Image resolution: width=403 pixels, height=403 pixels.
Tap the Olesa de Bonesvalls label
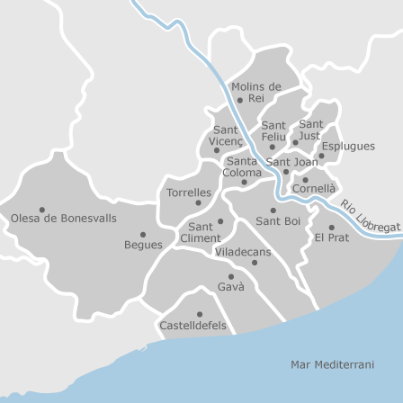[x=64, y=218]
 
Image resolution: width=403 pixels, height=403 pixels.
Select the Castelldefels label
[x=193, y=324]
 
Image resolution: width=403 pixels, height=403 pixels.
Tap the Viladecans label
[x=243, y=253]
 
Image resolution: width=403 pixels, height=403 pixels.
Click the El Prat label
[x=331, y=237]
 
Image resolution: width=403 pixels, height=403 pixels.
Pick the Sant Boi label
[x=278, y=220]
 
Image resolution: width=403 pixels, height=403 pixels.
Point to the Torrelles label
[x=189, y=193]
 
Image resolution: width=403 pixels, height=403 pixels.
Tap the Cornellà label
[x=313, y=189]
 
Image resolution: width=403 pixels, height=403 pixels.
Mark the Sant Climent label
[x=200, y=232]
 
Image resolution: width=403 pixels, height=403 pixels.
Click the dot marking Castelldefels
[x=199, y=313]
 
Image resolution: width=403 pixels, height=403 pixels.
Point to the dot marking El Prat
[x=331, y=228]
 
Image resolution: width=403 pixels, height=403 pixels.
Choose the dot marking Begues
[x=143, y=234]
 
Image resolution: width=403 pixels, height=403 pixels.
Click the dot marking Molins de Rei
[x=241, y=98]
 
